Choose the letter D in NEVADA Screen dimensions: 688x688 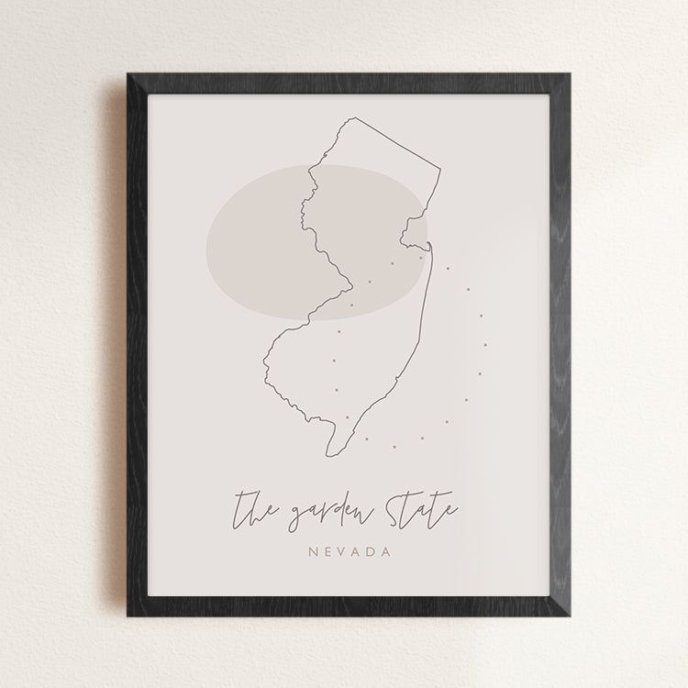click(372, 552)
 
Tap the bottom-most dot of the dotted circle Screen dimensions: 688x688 click(394, 447)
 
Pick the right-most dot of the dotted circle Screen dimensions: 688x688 click(484, 346)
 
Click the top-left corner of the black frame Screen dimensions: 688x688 click(128, 73)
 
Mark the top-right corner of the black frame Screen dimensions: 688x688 click(562, 73)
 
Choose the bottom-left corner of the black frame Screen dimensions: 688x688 click(128, 616)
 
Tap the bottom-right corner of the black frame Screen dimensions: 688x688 click(562, 616)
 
